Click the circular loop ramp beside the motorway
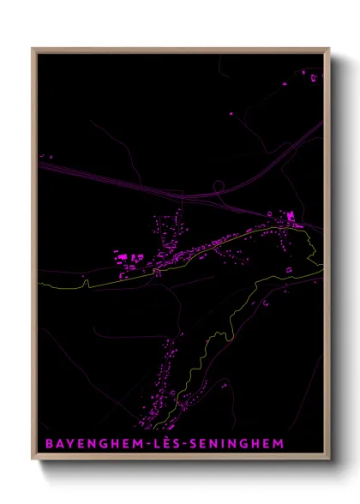tap(219, 185)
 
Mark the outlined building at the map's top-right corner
tap(314, 78)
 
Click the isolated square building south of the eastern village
tap(289, 272)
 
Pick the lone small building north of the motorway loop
tap(230, 113)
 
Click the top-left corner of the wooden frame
tap(33, 49)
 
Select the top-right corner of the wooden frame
tap(328, 49)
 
